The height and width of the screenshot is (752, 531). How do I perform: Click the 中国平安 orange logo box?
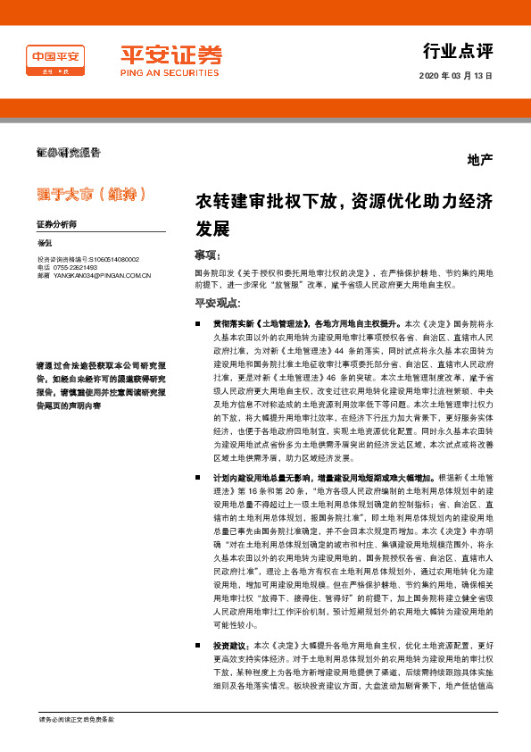(54, 60)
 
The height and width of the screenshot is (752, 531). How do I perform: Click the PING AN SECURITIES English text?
(171, 74)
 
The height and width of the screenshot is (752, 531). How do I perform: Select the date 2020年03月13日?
(455, 76)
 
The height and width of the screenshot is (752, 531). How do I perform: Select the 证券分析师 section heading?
(58, 224)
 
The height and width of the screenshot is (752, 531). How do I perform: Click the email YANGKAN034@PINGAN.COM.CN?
(101, 276)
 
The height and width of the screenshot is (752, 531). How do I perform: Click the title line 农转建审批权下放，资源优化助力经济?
(344, 203)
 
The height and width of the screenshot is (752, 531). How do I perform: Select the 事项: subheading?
(206, 254)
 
